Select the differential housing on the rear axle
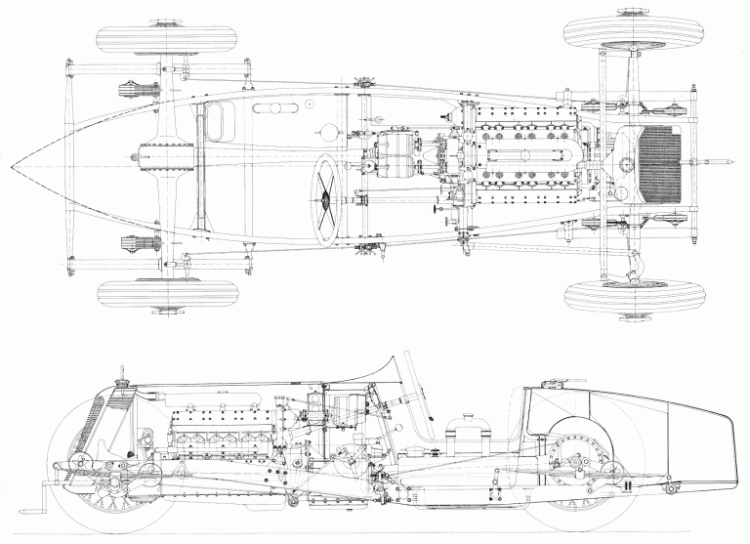point(156,165)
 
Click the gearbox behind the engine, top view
point(396,166)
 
